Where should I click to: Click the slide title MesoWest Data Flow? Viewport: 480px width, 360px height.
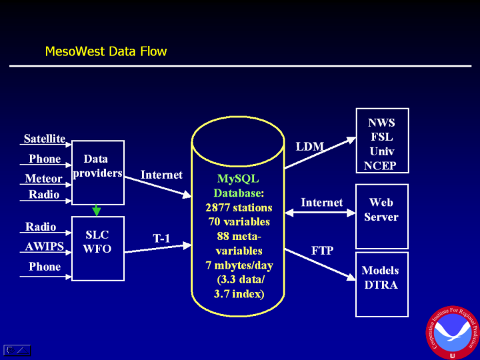click(x=105, y=51)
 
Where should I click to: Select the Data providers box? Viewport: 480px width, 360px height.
click(x=97, y=172)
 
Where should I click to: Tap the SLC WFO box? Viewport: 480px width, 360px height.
click(x=97, y=248)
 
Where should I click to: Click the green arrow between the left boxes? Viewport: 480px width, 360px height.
click(x=97, y=210)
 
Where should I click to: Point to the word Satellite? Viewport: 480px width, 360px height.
click(x=45, y=139)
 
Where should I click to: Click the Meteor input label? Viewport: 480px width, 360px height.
click(x=43, y=179)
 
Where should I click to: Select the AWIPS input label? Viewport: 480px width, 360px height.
click(x=43, y=246)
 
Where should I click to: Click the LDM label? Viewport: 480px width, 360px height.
click(x=309, y=146)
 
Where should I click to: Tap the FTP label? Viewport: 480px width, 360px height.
click(x=322, y=251)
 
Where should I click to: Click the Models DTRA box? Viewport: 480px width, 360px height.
click(x=381, y=284)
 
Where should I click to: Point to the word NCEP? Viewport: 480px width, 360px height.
click(x=381, y=166)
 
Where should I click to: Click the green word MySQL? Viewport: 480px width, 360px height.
click(x=238, y=179)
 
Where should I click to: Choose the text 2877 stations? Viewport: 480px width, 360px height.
click(x=239, y=207)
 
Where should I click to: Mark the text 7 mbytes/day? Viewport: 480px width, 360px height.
click(x=239, y=265)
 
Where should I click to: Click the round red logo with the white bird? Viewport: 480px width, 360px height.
click(x=453, y=331)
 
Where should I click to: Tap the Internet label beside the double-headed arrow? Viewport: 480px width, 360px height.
click(x=322, y=203)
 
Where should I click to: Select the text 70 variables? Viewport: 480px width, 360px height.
click(x=239, y=221)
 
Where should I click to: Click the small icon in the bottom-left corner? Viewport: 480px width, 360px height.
click(x=17, y=350)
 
